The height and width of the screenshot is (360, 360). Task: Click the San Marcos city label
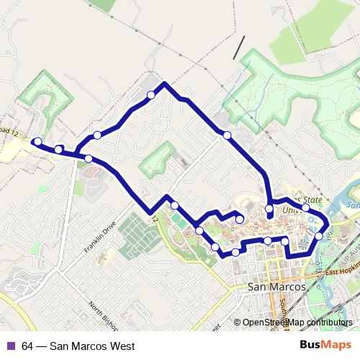[276, 286]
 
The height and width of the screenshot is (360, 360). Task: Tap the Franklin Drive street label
[99, 237]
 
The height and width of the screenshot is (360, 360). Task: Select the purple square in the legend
[10, 346]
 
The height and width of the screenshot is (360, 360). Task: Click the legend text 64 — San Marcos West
[78, 346]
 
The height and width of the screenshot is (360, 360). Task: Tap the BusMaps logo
[325, 345]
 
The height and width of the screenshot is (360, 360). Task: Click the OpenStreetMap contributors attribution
[297, 323]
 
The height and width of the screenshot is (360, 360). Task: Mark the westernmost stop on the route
[37, 142]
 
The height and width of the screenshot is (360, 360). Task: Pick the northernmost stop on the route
[151, 95]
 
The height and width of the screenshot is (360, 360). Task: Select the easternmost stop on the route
[319, 235]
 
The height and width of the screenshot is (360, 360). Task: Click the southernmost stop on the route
[235, 252]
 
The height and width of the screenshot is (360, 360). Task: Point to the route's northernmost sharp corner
[165, 84]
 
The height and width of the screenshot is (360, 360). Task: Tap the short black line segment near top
[238, 48]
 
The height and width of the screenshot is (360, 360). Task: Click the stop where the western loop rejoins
[88, 158]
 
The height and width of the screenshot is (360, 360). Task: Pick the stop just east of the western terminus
[58, 149]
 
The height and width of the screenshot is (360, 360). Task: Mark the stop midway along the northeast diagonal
[227, 135]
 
